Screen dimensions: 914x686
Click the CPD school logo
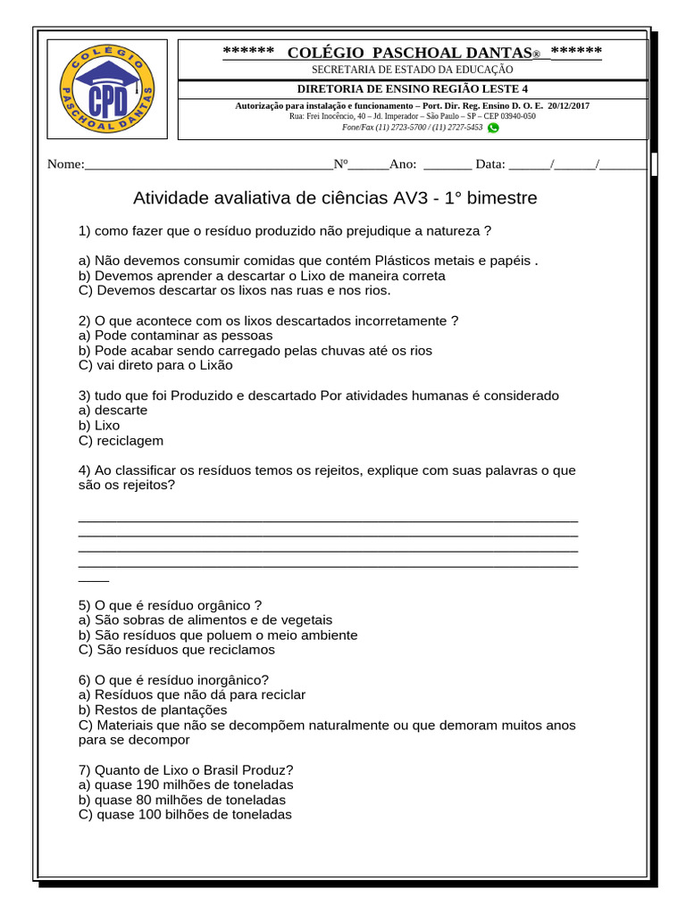[107, 89]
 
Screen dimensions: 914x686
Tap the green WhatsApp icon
[493, 128]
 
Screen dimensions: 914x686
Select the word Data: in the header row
[490, 163]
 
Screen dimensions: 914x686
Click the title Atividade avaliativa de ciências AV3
[335, 197]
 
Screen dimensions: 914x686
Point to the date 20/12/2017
[568, 105]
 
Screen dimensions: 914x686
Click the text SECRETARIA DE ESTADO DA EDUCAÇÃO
[412, 69]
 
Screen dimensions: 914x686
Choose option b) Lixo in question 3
[99, 426]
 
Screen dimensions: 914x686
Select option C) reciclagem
[121, 441]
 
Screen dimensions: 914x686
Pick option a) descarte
[113, 411]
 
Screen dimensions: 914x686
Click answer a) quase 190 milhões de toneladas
[186, 785]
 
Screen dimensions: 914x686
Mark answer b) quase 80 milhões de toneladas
[182, 800]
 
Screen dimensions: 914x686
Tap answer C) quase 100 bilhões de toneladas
[185, 815]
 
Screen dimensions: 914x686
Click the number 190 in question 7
[148, 785]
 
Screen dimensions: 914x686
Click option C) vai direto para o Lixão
[155, 365]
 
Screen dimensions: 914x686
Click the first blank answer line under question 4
[328, 519]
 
